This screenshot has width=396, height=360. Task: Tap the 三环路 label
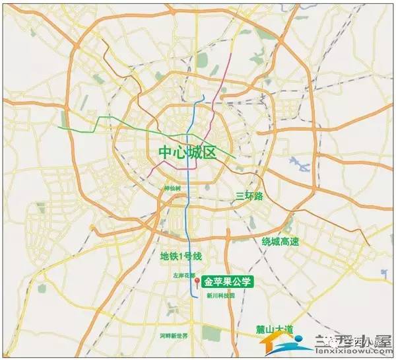249,196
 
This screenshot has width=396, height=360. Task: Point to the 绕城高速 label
280,241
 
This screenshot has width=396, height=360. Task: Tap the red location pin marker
197,283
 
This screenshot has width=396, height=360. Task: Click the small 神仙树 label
173,188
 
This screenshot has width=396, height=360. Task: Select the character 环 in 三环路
249,196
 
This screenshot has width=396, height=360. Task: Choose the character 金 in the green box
210,280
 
